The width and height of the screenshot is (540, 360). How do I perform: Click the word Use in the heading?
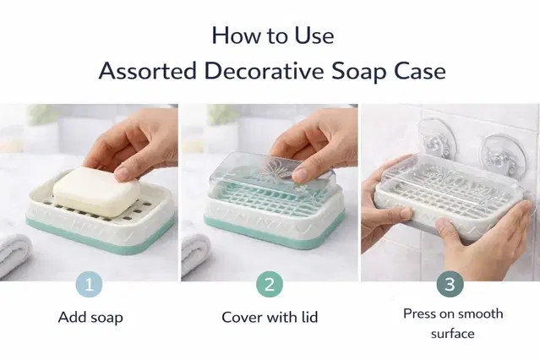point(314,35)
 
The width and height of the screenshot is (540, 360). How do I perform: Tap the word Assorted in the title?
point(148,71)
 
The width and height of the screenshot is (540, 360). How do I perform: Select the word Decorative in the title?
point(264,71)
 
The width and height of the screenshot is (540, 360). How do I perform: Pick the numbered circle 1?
point(90,285)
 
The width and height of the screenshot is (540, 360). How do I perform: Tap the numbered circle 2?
point(270,285)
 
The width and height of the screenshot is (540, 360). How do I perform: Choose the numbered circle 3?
point(450,285)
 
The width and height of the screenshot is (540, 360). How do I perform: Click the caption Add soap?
point(90,317)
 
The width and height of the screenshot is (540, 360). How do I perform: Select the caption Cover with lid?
point(270,317)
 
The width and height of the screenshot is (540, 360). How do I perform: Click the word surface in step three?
point(452,334)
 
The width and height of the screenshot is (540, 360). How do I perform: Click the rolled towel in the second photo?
point(195,255)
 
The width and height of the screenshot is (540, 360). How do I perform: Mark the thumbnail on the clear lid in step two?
point(301,175)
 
